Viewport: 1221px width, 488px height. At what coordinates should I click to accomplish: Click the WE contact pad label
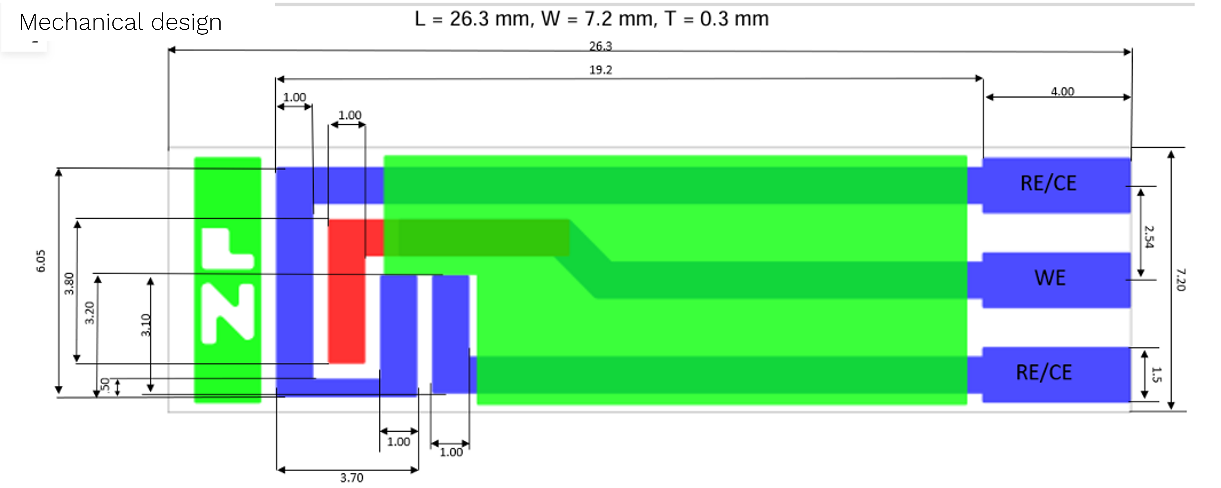[1050, 278]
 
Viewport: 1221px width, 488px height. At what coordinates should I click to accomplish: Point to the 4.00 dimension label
[1062, 91]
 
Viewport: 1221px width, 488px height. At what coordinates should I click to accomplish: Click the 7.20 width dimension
[1180, 279]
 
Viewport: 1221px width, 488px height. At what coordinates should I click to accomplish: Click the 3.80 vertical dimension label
[69, 283]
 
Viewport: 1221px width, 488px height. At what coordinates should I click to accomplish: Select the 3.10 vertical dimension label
[145, 325]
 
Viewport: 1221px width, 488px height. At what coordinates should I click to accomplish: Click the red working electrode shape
[347, 303]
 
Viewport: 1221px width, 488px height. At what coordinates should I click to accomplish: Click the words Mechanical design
[120, 22]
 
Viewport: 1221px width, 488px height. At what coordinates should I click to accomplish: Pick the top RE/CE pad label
[1048, 183]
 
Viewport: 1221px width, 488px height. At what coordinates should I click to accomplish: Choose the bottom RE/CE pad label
[1044, 372]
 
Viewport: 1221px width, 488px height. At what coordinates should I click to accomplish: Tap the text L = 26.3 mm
[474, 19]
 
